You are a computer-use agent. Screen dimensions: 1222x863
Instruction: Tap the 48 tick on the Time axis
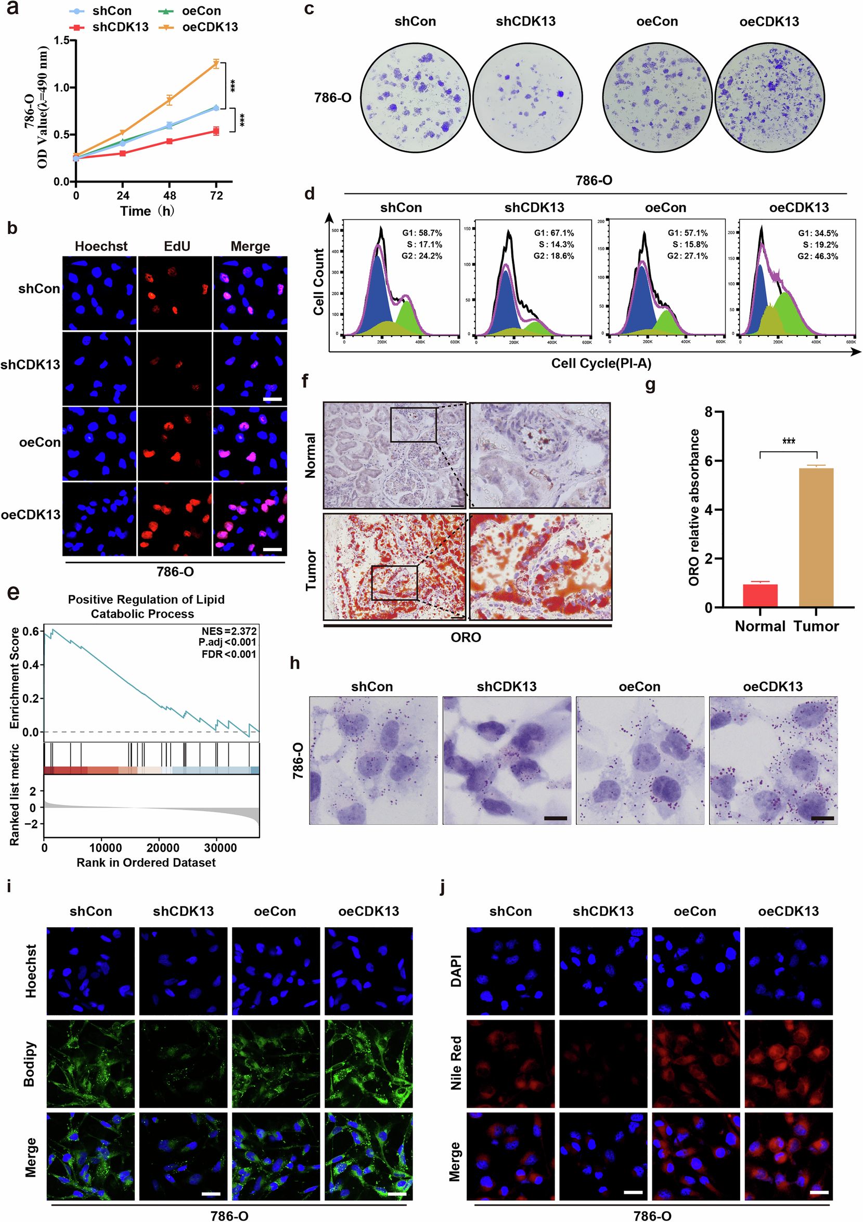click(x=169, y=196)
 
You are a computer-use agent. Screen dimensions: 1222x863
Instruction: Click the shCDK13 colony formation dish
click(x=526, y=97)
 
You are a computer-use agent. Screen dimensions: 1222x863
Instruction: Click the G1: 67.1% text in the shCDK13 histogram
click(x=553, y=233)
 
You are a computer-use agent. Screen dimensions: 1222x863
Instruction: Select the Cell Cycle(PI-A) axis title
click(x=601, y=363)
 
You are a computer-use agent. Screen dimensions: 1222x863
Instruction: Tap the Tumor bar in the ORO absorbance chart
click(x=816, y=538)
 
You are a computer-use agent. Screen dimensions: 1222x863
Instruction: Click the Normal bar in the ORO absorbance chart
click(x=759, y=595)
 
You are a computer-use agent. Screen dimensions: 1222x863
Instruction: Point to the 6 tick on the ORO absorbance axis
click(x=708, y=461)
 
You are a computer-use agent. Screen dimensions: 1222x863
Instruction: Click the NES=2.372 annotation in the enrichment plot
click(x=229, y=631)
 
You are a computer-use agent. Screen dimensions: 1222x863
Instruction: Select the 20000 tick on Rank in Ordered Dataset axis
click(x=162, y=848)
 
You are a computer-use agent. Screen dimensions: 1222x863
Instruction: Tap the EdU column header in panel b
click(x=177, y=246)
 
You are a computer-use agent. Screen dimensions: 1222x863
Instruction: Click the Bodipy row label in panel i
click(x=30, y=1064)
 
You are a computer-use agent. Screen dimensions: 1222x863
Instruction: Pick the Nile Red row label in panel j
click(x=456, y=1063)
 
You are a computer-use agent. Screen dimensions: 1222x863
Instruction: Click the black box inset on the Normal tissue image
click(x=413, y=425)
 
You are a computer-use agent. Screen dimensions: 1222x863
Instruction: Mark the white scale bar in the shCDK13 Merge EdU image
click(x=272, y=399)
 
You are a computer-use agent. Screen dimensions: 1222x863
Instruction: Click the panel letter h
click(x=295, y=663)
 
